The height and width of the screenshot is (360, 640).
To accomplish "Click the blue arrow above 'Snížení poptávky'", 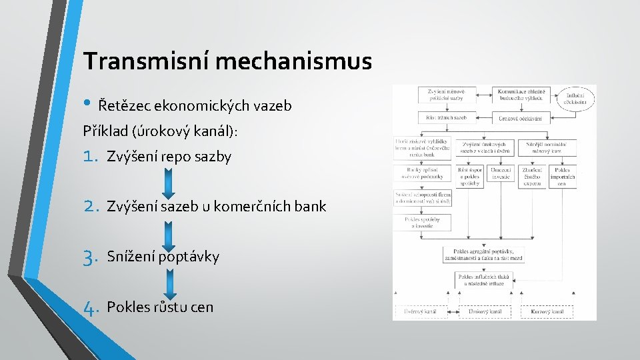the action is point(168,232).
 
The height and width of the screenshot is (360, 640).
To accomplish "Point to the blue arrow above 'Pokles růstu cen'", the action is point(168,283).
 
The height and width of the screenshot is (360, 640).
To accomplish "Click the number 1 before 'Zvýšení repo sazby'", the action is point(91,157).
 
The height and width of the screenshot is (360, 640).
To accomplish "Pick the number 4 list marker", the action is point(91,307).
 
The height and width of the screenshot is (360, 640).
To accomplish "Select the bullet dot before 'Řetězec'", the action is point(89,104).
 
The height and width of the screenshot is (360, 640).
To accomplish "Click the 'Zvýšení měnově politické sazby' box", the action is point(437,95).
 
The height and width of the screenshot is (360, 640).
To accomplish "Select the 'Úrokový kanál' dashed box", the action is point(485,311).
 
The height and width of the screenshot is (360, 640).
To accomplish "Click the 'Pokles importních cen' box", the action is point(563,177).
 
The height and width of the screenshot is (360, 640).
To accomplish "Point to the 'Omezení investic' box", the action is point(501,177).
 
